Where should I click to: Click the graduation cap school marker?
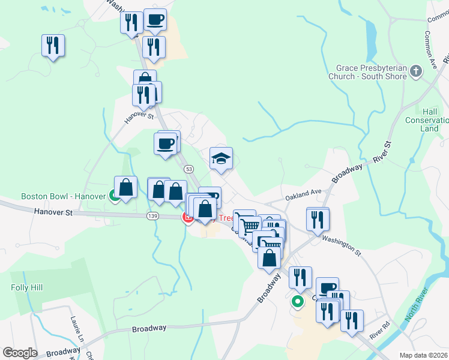[221, 159]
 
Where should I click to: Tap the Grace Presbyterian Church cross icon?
[416, 73]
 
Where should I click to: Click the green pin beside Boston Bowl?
[113, 195]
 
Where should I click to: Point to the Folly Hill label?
[26, 288]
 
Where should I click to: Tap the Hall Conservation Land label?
[430, 120]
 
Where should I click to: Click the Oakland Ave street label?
[304, 193]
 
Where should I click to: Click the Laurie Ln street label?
[74, 326]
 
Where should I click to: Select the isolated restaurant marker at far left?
[53, 45]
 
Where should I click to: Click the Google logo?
[19, 353]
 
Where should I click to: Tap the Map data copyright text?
[423, 355]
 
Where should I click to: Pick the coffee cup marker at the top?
[155, 19]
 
